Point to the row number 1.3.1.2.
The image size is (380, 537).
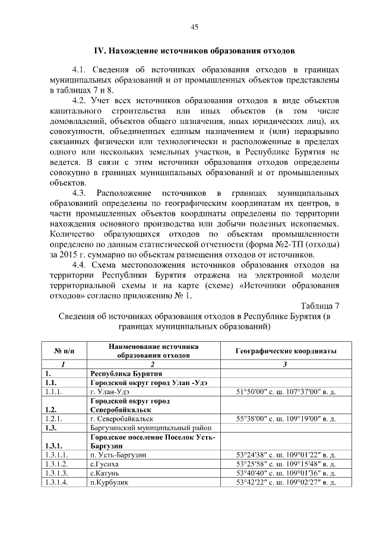[x=57, y=463]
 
